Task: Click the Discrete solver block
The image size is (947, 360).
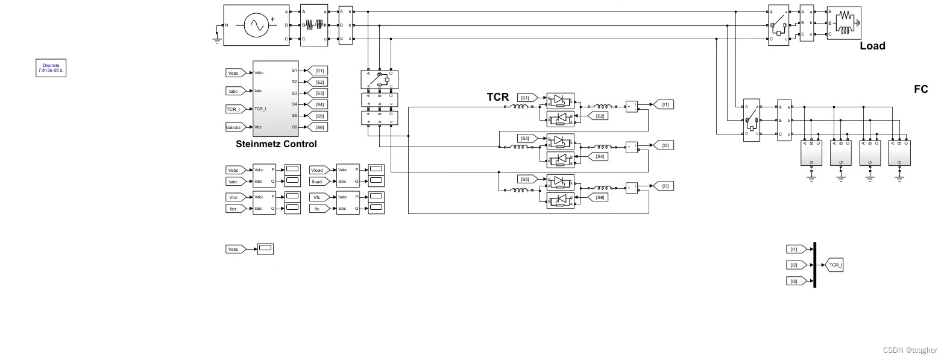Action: tap(51, 68)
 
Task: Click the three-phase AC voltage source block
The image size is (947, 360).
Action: tap(256, 25)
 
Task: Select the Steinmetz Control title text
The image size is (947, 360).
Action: tap(276, 144)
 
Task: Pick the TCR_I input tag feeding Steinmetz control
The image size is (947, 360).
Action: tap(234, 109)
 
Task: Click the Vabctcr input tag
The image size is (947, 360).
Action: tap(234, 127)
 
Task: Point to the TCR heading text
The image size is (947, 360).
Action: tap(498, 96)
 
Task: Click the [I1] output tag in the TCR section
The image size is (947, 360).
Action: tap(664, 104)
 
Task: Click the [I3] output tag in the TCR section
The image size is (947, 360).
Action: tap(664, 186)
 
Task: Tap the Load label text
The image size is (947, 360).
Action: tap(872, 46)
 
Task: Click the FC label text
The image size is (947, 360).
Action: tap(920, 89)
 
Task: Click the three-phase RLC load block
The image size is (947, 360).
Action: tap(844, 23)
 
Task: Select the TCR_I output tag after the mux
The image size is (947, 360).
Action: tap(834, 265)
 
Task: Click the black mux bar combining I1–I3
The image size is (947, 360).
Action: tap(814, 265)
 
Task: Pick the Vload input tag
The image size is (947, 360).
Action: tap(319, 170)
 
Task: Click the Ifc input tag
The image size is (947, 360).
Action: tap(319, 209)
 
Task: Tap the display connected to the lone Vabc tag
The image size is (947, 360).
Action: tap(265, 248)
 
